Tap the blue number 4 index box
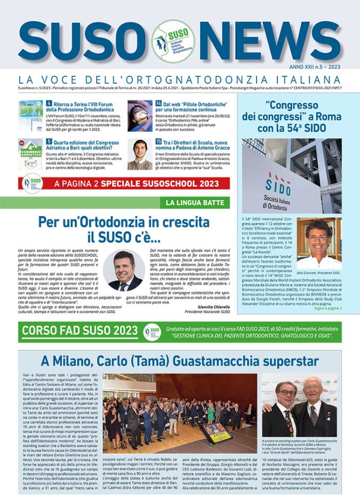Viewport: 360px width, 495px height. (x=49, y=103)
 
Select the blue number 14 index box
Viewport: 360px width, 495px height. (x=158, y=103)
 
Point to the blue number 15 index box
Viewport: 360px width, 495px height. (x=158, y=141)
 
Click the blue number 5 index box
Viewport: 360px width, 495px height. (x=49, y=141)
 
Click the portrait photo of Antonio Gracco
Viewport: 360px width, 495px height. (x=140, y=154)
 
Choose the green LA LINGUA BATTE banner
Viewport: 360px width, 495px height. (x=195, y=202)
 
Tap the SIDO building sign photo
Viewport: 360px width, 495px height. (x=292, y=175)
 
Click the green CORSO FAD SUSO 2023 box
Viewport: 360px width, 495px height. (x=79, y=331)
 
